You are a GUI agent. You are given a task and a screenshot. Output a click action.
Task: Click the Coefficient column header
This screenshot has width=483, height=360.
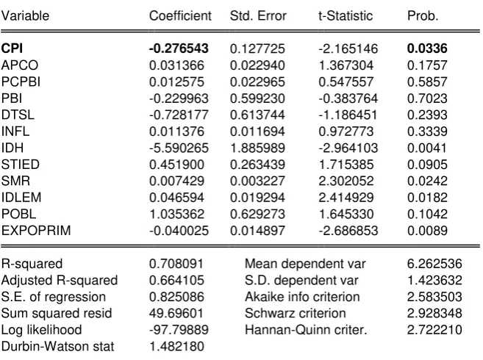(180, 15)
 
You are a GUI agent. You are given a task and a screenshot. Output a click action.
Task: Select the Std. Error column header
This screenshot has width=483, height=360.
(258, 15)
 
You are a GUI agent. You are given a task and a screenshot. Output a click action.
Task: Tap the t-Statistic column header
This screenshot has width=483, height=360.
(346, 15)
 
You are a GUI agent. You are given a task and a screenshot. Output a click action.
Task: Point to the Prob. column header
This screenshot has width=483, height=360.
(423, 15)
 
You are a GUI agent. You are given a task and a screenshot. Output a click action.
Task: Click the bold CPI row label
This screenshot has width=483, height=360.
(12, 48)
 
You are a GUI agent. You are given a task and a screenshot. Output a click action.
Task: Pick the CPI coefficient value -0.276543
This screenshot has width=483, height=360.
(179, 48)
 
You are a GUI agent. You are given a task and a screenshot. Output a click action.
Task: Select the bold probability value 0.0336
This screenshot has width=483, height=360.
(427, 48)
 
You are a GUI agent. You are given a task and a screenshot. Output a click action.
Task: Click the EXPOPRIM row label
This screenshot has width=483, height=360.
(36, 231)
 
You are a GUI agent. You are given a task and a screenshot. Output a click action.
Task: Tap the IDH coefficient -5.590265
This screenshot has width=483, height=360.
(179, 148)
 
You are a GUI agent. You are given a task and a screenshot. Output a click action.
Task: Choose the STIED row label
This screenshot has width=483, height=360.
(21, 165)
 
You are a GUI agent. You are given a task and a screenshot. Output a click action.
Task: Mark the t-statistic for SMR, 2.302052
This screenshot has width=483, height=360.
(346, 181)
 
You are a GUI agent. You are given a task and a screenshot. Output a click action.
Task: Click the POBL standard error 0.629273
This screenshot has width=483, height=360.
(257, 214)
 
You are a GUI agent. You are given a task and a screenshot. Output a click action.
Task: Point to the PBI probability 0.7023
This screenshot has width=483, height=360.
(427, 98)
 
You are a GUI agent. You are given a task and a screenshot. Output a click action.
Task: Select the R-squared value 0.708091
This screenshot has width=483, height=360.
(176, 264)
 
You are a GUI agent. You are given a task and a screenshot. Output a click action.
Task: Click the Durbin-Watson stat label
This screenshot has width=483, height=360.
(57, 347)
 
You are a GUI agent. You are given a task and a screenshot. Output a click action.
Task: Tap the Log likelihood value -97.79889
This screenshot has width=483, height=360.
(179, 330)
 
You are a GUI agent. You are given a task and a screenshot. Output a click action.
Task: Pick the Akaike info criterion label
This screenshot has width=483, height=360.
(302, 297)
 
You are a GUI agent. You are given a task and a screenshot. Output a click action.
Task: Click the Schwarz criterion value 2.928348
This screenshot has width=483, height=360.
(434, 313)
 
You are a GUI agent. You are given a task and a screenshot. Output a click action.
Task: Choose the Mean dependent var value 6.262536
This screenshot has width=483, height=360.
(434, 264)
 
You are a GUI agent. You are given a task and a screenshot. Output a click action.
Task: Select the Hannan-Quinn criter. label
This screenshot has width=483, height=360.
(306, 330)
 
